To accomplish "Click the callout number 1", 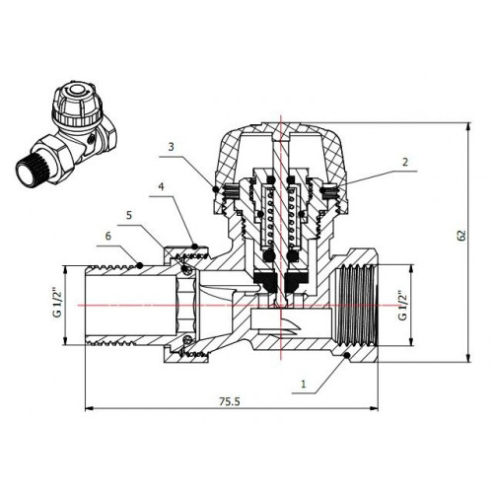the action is [304, 384].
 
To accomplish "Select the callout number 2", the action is [405, 162].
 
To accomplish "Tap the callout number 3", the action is [171, 147].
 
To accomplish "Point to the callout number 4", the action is [161, 186].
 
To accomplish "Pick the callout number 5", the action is [129, 215].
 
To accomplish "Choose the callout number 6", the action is [108, 236].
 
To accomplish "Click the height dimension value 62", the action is [461, 236].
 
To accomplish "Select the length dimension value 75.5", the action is [230, 401].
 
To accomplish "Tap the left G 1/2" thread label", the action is [57, 303].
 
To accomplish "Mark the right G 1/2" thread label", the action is [402, 306].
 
